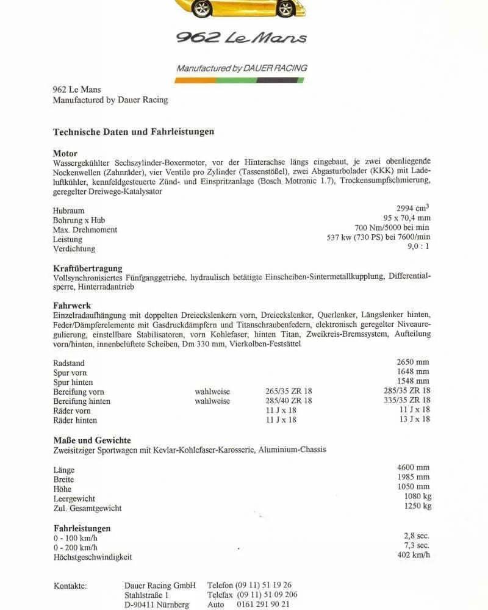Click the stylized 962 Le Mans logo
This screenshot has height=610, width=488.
(242, 37)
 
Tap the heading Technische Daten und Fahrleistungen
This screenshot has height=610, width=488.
(134, 131)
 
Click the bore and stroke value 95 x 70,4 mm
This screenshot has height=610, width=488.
(407, 218)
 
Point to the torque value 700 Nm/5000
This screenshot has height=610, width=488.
(392, 228)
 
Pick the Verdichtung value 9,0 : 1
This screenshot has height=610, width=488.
(418, 246)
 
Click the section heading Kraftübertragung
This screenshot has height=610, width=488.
(87, 268)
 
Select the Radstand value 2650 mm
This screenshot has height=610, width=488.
(413, 362)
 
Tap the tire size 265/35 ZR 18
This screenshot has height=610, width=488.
(289, 391)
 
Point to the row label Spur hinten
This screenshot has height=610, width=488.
(73, 382)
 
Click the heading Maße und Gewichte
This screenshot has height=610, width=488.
(92, 440)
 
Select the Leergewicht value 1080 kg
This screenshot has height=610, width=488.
(417, 497)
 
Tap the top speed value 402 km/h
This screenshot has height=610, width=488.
(413, 555)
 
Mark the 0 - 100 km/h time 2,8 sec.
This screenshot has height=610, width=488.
(416, 536)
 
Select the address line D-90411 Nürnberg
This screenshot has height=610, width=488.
(156, 605)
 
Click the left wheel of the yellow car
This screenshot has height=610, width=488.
(201, 8)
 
